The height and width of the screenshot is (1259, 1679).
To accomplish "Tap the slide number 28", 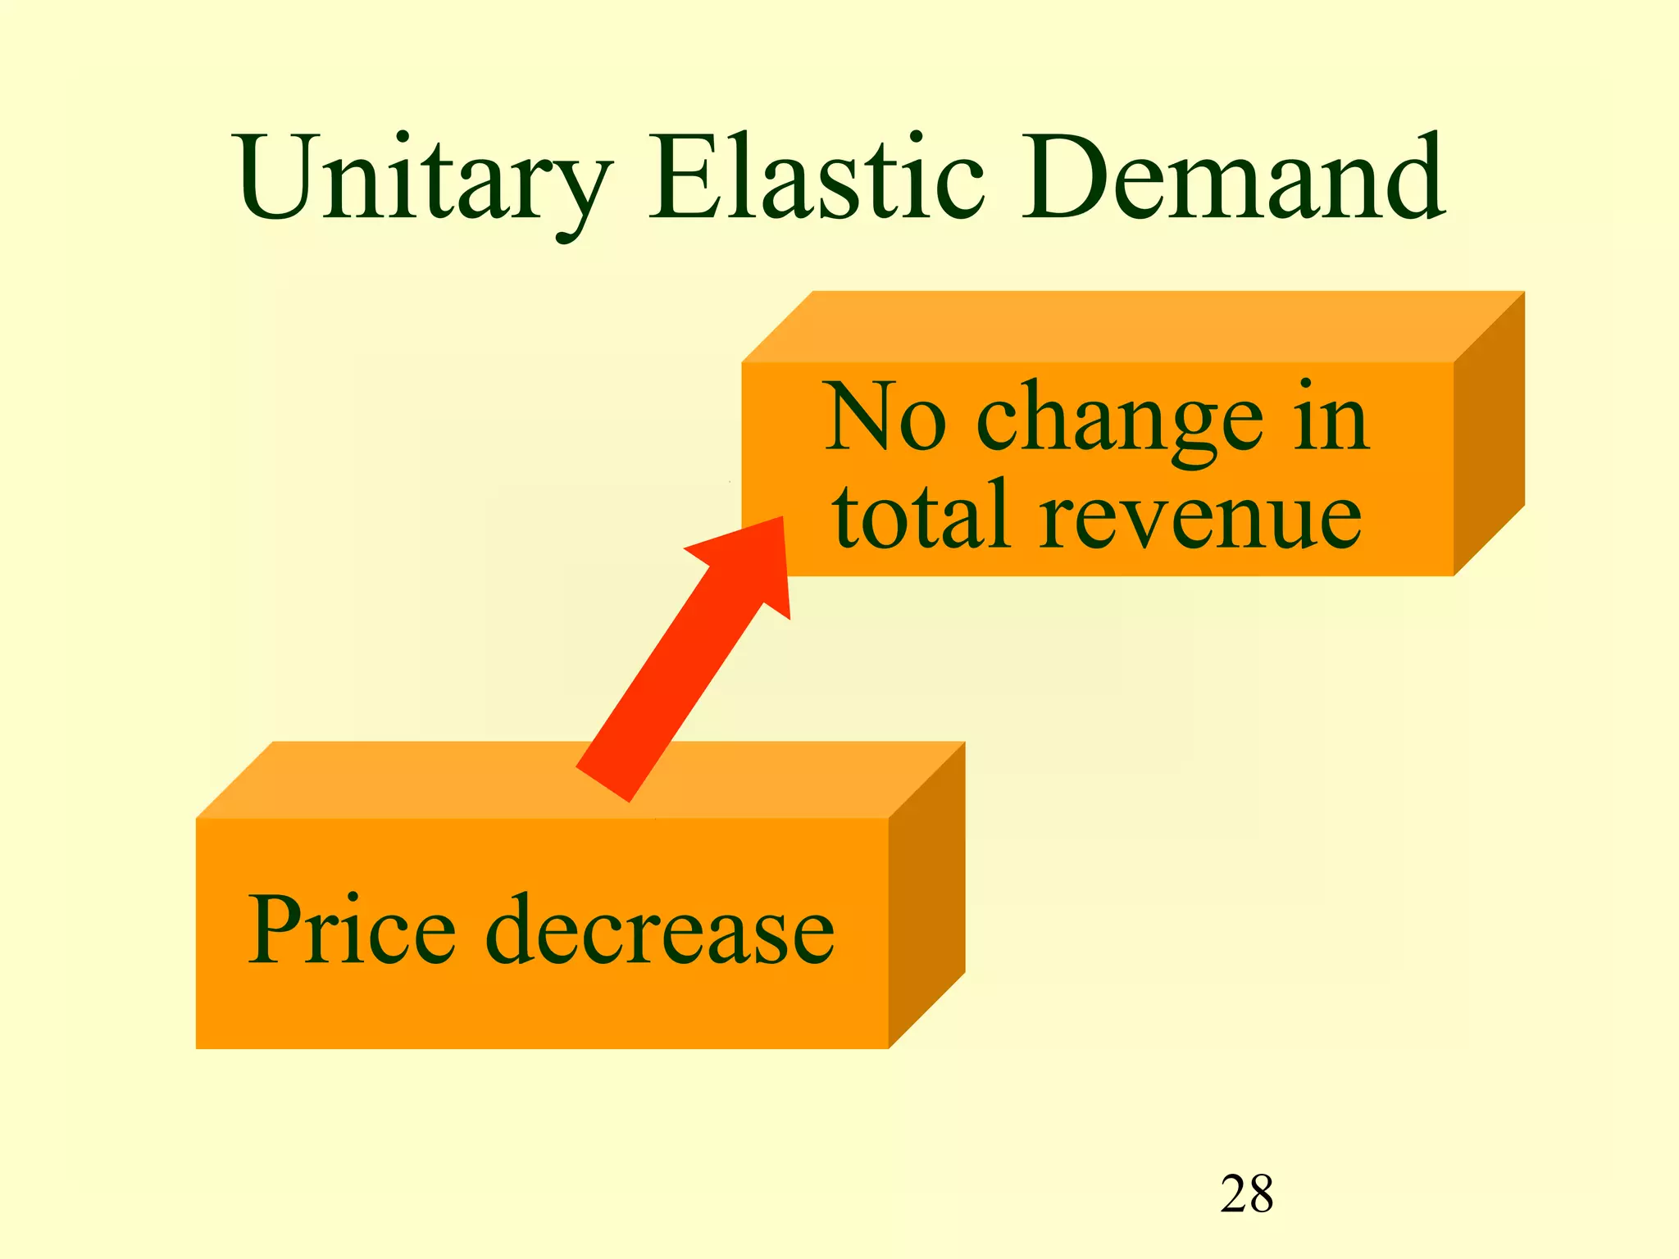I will (x=1246, y=1193).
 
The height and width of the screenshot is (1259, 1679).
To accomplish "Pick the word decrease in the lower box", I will (x=660, y=930).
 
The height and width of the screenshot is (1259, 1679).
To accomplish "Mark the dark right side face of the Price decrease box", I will (x=926, y=893).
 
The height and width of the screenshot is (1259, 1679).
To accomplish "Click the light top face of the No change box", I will (x=1131, y=326).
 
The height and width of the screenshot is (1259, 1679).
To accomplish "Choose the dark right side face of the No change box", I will (x=1489, y=434).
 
